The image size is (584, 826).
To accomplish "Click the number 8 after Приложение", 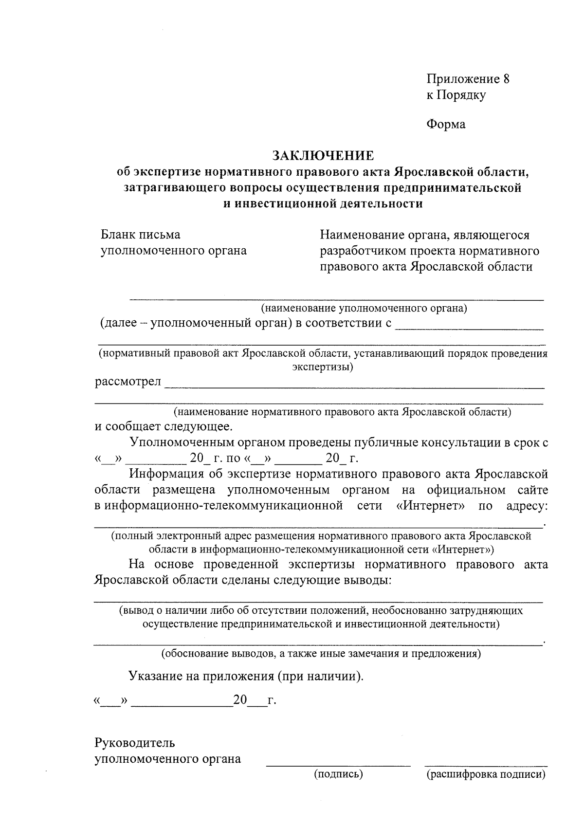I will click(x=506, y=79).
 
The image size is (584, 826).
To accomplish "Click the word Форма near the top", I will click(x=446, y=125).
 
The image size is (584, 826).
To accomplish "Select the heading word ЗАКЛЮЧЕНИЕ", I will click(x=323, y=156).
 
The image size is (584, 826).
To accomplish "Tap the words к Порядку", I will click(x=456, y=95).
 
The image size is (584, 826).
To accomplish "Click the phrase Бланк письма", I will click(x=140, y=235).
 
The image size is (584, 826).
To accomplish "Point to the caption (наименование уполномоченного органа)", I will click(x=364, y=308).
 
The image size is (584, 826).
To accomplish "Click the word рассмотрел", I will click(x=128, y=382).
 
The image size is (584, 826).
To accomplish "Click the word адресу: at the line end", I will click(x=527, y=506).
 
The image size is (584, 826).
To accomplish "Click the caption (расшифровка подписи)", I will click(x=486, y=774).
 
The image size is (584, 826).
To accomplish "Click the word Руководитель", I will click(x=134, y=743).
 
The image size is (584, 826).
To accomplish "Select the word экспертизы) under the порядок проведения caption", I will click(x=322, y=367).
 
